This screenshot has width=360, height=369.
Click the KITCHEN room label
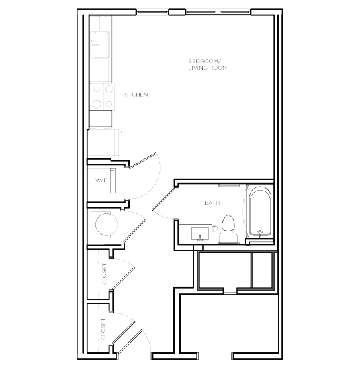click(136, 95)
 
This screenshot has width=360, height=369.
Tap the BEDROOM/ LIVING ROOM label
click(208, 64)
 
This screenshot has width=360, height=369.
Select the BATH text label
click(212, 203)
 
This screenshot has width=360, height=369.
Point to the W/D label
click(101, 180)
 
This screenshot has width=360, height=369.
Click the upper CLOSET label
click(104, 274)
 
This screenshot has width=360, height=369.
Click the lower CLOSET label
click(103, 329)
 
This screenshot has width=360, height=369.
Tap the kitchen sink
click(101, 45)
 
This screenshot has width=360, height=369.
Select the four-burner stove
click(103, 97)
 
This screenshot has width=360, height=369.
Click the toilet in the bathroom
click(228, 229)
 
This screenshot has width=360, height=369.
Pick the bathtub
click(260, 211)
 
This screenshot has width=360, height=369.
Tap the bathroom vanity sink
click(200, 234)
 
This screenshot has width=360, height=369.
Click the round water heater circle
click(107, 225)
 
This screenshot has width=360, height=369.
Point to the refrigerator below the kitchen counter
click(103, 143)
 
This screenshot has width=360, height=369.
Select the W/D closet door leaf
click(143, 160)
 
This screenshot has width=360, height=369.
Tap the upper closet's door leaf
click(123, 278)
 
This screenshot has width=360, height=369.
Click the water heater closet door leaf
click(135, 231)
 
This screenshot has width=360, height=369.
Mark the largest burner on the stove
click(97, 103)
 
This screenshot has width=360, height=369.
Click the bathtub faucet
click(260, 233)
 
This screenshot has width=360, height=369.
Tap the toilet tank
click(228, 238)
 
